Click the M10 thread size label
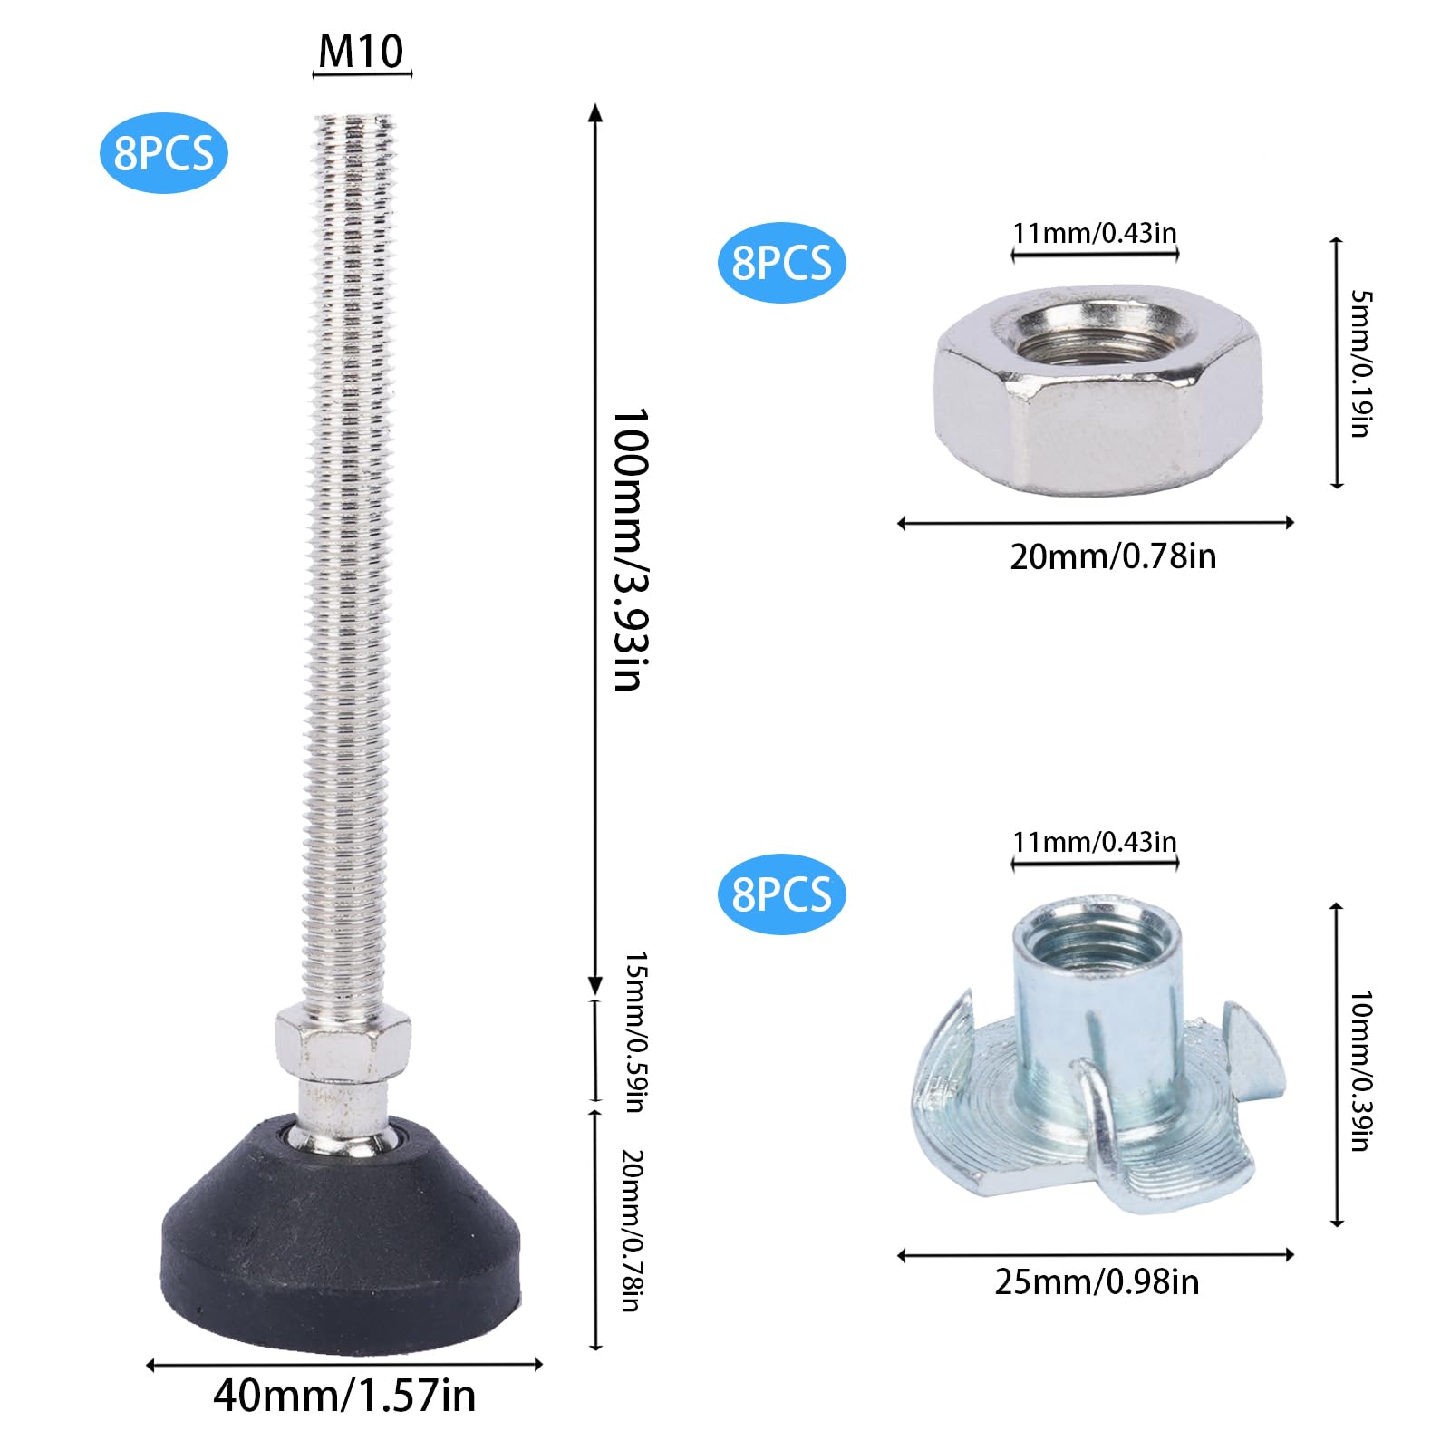coord(361,51)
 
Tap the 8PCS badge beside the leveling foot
coord(163,153)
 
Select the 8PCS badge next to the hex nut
coord(781,262)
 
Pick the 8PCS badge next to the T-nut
coord(781,894)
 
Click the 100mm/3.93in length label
coord(631,550)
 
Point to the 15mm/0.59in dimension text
coord(635,1032)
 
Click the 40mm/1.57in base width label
coord(344,1395)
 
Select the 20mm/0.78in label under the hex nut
coord(1113,556)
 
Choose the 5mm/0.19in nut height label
coord(1361,363)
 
